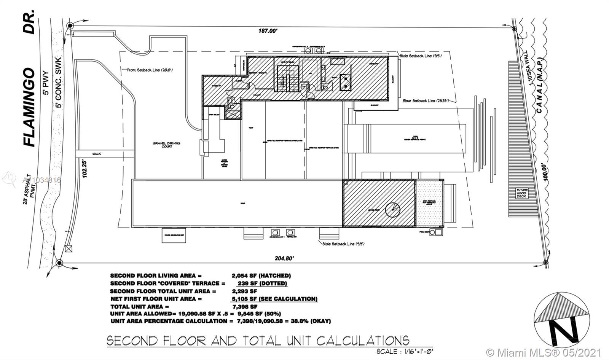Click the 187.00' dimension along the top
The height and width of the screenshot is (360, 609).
click(x=269, y=31)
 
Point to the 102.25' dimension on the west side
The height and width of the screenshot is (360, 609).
click(x=84, y=169)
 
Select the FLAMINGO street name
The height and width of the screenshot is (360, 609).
click(x=29, y=107)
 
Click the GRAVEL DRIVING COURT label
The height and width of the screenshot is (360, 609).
click(x=166, y=145)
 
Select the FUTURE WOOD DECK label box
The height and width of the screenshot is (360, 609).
click(x=521, y=193)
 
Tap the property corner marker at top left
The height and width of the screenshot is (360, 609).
click(x=70, y=25)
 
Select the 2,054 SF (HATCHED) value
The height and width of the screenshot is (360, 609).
click(x=261, y=276)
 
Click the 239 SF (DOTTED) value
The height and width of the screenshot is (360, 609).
click(x=262, y=284)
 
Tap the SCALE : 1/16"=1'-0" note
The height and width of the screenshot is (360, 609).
click(x=405, y=352)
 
